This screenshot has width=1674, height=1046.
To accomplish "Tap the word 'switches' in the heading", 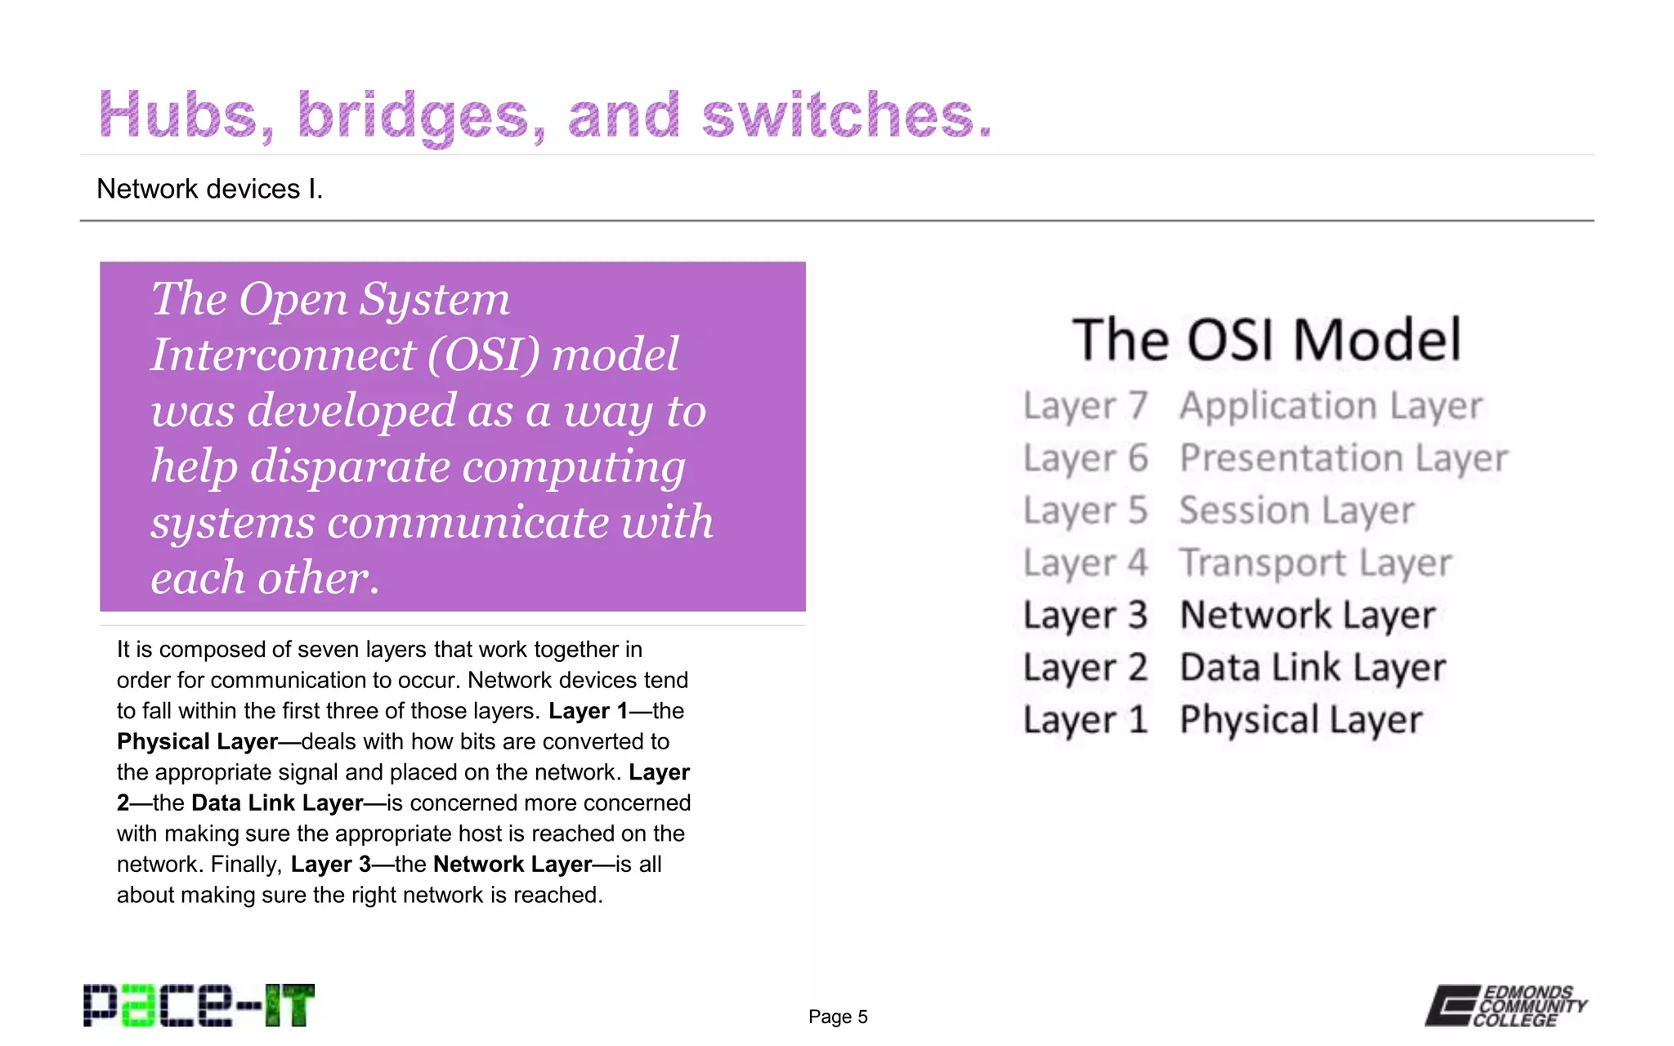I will [x=846, y=114].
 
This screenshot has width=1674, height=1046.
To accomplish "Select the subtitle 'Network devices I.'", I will [x=209, y=189].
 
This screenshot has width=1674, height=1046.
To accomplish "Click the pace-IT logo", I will [x=199, y=1005].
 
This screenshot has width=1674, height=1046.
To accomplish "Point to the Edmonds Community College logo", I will [x=1506, y=1005].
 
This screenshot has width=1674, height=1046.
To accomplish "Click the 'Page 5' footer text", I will [x=838, y=1017].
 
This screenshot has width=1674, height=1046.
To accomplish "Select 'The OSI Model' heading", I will [x=1266, y=340].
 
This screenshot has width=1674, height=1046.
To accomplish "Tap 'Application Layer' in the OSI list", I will [x=1331, y=406].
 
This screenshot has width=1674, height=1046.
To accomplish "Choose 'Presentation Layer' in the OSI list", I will [x=1344, y=458].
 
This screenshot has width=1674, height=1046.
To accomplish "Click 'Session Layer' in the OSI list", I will [x=1296, y=511].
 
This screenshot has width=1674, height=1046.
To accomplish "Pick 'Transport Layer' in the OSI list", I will [x=1316, y=563].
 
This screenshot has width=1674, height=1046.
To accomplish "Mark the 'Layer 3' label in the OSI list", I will [x=1085, y=615].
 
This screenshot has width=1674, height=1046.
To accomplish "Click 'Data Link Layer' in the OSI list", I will [x=1313, y=668].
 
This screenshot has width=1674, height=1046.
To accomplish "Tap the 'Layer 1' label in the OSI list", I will [x=1085, y=720].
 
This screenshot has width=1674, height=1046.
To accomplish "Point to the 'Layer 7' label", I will [x=1085, y=406].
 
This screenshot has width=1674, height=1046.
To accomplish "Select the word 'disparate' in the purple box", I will [x=350, y=467].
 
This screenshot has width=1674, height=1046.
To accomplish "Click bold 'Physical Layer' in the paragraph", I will [x=197, y=741].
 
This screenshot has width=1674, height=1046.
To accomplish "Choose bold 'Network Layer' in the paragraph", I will [x=512, y=864].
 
